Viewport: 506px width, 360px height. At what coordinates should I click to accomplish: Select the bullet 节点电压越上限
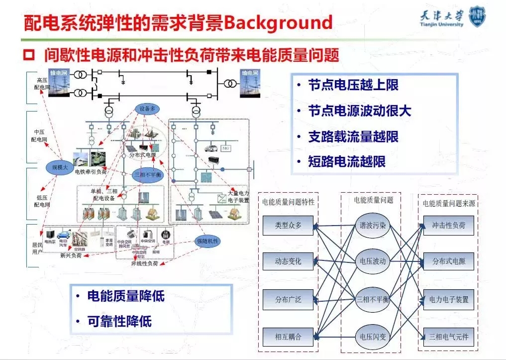coord(353,85)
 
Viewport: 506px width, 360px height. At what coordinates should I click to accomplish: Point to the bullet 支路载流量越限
coord(353,136)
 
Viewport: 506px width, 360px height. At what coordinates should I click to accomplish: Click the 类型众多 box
coord(289,225)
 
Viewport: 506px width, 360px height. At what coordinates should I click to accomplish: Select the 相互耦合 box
coord(289,337)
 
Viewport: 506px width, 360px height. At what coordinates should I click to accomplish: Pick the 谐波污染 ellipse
coord(373,225)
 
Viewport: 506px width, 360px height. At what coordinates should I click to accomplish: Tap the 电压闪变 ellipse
coord(373,337)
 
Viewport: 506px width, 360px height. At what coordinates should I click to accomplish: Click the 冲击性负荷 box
coord(449,225)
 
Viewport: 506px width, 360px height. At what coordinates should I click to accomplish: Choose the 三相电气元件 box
coord(449,337)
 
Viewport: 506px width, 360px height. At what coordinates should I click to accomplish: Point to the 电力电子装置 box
coord(449,300)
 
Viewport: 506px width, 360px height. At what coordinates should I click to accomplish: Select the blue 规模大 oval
coord(60,168)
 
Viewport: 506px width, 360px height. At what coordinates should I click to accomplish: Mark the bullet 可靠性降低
coord(119,321)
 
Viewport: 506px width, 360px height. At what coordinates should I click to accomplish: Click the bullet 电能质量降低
coord(125,296)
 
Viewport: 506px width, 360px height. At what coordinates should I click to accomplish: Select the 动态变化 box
coord(289,261)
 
